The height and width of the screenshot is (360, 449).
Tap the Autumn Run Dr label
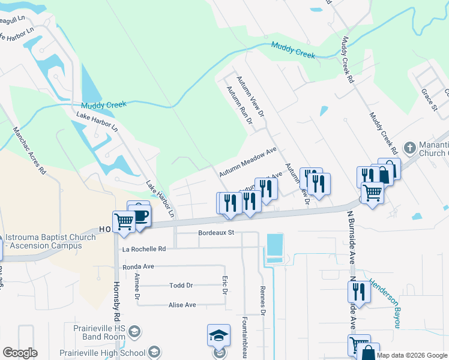point(239,106)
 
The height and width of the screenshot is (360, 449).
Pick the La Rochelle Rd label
point(144,249)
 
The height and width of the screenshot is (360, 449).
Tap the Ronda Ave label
point(139,266)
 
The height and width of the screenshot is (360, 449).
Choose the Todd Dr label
point(181,286)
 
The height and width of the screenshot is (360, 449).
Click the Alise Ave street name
point(182,305)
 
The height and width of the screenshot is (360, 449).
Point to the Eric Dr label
point(224,285)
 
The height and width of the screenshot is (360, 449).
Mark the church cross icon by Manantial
point(409,148)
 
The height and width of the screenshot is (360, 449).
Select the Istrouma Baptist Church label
point(50,241)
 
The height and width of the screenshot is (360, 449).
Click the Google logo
point(20,353)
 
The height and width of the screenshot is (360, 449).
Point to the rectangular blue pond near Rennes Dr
point(274,245)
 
